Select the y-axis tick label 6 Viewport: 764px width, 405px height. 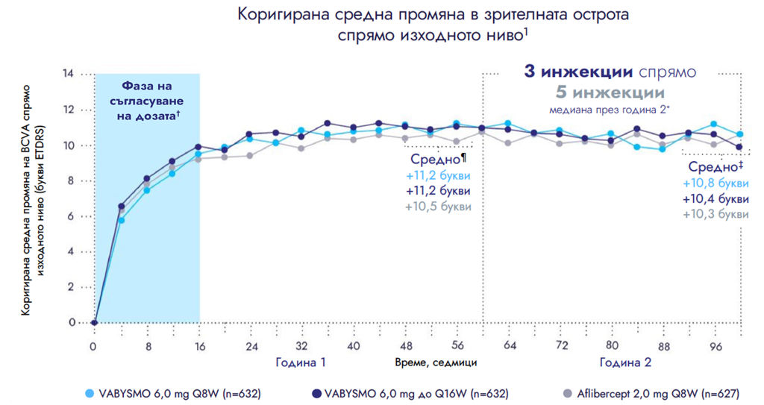[72, 216]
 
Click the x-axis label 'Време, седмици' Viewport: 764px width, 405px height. [436, 362]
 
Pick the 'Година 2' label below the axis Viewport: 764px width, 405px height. [626, 362]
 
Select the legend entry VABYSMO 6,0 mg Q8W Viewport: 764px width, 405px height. [178, 391]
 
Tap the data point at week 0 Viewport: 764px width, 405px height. [94, 323]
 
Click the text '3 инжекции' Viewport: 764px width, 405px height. [578, 73]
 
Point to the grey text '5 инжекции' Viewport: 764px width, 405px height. [610, 92]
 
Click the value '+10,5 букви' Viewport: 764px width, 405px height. [439, 207]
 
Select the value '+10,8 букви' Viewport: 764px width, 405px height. [716, 183]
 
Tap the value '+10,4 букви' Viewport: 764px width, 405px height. [716, 198]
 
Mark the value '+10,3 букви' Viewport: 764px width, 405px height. [716, 214]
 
